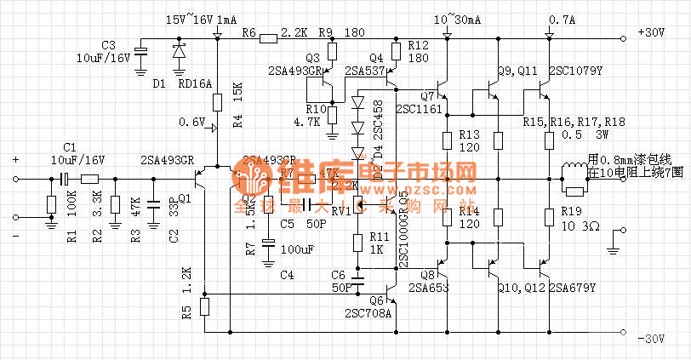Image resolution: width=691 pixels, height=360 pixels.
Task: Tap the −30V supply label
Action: coord(650,339)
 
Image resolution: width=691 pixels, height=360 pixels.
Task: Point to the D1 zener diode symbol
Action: coord(179,51)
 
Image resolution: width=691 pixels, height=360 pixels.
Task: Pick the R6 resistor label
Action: coord(248,32)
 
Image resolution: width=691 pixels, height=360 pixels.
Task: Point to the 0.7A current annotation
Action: coord(563,19)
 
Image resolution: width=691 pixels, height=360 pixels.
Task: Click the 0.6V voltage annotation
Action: coord(192,123)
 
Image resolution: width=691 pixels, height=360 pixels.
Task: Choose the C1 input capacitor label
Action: coord(70,147)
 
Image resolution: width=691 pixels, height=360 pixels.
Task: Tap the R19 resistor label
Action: coord(572,211)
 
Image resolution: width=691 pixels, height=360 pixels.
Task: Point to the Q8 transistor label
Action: coord(427,274)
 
